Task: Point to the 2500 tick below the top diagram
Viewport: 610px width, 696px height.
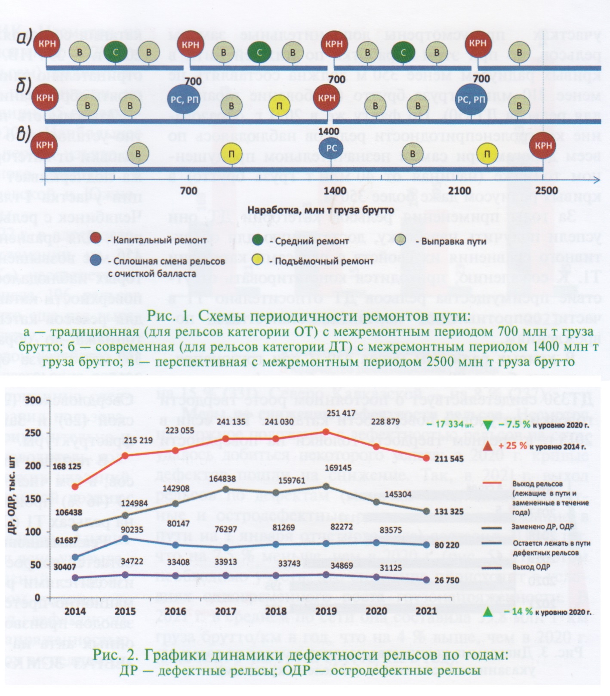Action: pyautogui.click(x=546, y=191)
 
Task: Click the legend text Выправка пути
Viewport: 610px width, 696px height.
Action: pyautogui.click(x=453, y=241)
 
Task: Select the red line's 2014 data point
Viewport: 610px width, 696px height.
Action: pyautogui.click(x=76, y=487)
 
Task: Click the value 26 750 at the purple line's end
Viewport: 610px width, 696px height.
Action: pyautogui.click(x=448, y=580)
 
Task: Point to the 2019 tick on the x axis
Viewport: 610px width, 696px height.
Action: pyautogui.click(x=327, y=611)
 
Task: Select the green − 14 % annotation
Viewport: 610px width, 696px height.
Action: pyautogui.click(x=514, y=612)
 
